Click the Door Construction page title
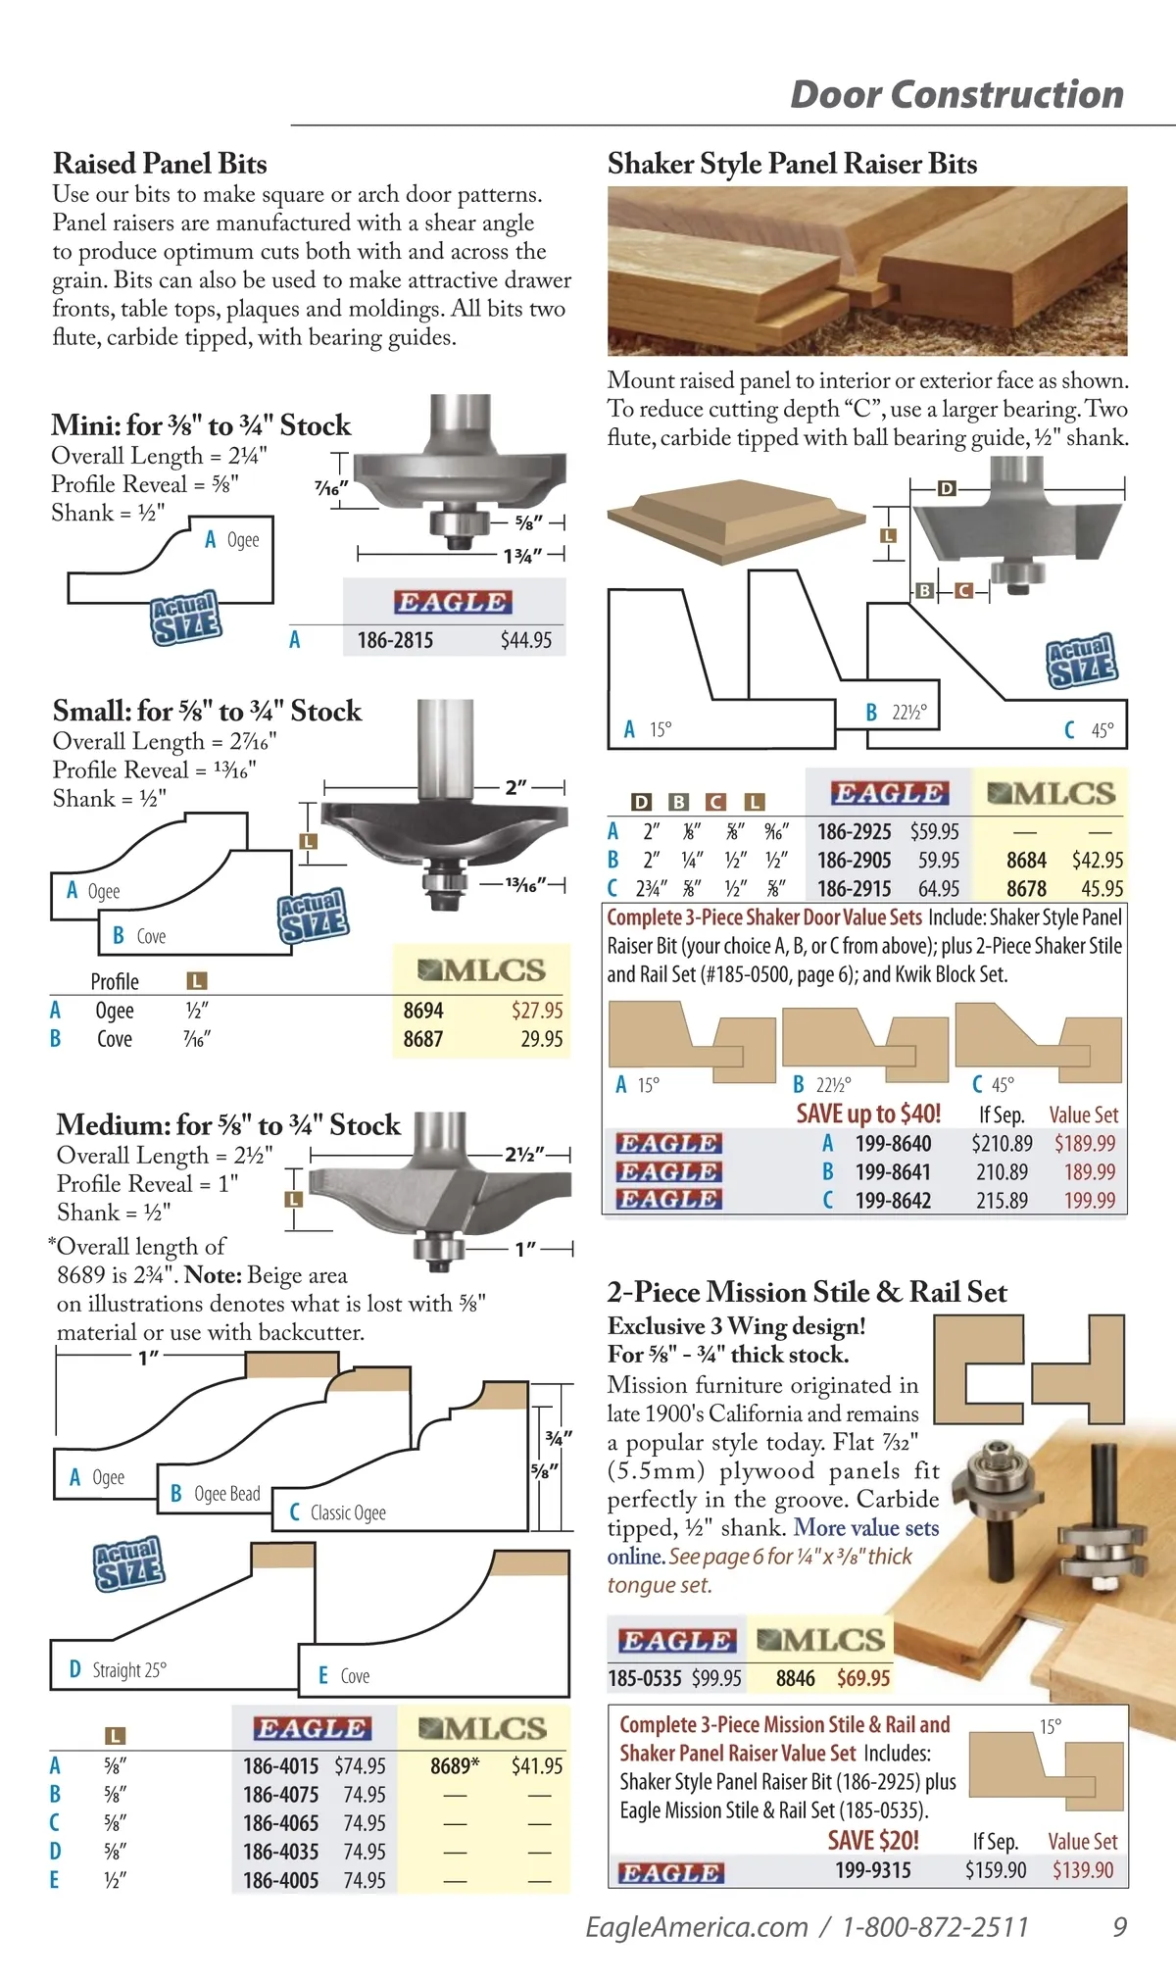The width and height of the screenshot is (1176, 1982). coord(956,94)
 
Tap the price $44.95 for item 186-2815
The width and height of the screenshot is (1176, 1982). coord(526,640)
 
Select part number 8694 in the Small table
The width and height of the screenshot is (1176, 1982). coord(423,1011)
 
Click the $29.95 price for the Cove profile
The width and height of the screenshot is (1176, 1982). coord(542,1039)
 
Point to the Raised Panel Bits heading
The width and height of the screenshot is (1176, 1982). coord(160,164)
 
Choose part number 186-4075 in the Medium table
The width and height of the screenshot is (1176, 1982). coord(281,1794)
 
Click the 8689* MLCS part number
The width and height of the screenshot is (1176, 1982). coord(455,1765)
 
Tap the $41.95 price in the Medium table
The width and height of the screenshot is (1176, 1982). coord(537,1765)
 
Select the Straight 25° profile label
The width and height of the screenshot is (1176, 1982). coord(129,1669)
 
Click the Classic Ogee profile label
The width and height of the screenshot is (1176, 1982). coord(348,1512)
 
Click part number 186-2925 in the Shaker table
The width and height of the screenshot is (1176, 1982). coord(855,831)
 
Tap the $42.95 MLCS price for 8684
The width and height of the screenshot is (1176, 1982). coord(1098,860)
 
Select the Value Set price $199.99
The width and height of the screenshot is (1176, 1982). coord(1090,1200)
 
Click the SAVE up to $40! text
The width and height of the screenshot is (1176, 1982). coord(868,1114)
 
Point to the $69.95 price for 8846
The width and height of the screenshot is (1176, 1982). coord(863,1678)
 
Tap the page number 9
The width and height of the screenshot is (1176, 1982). coord(1120,1927)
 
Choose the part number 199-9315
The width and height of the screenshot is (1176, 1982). coord(873,1870)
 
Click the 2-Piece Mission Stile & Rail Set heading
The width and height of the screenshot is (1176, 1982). coord(808,1292)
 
